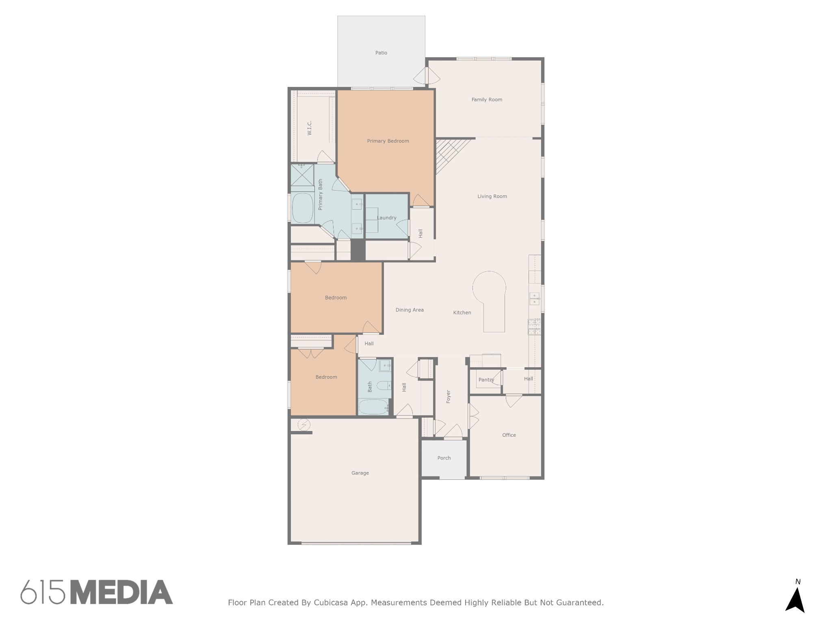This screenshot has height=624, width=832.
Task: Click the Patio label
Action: (x=381, y=53)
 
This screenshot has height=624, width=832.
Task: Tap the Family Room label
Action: (x=487, y=100)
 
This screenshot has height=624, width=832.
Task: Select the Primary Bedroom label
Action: (x=388, y=141)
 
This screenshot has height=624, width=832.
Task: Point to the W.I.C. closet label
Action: (x=310, y=128)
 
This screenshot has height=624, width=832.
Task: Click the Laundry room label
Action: (x=386, y=218)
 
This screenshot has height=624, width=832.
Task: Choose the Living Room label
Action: (x=492, y=196)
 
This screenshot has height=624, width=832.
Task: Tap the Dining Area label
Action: (x=409, y=310)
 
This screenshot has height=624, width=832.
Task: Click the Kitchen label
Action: (x=462, y=313)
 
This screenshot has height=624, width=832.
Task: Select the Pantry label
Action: (x=486, y=380)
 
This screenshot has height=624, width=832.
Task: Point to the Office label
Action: (x=509, y=435)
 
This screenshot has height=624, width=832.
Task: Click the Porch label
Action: (x=444, y=458)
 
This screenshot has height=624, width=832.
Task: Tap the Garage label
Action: (x=360, y=473)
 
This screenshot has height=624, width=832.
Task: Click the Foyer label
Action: (x=448, y=396)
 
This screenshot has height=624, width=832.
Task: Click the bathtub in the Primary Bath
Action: (x=302, y=208)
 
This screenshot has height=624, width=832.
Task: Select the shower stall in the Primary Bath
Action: (x=302, y=175)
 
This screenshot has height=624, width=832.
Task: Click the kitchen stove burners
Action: (x=534, y=327)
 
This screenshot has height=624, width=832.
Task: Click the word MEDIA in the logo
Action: (x=121, y=592)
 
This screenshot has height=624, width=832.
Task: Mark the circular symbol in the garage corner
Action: (x=304, y=425)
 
